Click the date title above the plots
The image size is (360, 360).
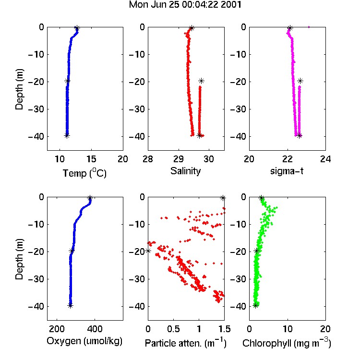tap(185, 5)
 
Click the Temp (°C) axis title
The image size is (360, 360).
tap(84, 173)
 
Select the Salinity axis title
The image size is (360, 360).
tap(185, 171)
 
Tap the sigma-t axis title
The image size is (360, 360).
tap(287, 171)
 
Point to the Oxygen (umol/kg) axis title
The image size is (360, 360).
tap(84, 341)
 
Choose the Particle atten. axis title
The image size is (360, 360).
tap(185, 343)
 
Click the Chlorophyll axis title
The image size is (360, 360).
tap(287, 343)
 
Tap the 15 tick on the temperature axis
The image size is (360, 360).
tap(91, 159)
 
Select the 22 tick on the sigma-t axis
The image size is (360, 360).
tap(288, 159)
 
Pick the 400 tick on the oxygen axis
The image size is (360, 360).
tap(95, 329)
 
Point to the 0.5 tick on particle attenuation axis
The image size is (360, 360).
tap(173, 329)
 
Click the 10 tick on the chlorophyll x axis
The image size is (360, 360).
tap(288, 329)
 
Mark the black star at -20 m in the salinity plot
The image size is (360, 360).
tap(201, 81)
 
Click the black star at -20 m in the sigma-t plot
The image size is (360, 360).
tap(300, 81)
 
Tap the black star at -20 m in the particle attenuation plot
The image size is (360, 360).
tap(148, 251)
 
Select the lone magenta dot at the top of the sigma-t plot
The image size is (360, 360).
tap(309, 27)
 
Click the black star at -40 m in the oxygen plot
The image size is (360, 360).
tap(71, 306)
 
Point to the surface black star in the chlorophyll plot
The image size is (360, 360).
tap(261, 198)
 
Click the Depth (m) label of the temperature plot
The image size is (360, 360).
tap(19, 89)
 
